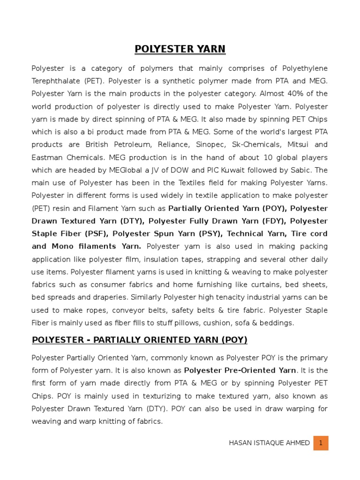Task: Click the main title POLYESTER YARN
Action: (180, 49)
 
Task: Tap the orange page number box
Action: (321, 443)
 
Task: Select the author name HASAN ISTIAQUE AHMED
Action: (269, 443)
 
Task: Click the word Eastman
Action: (47, 157)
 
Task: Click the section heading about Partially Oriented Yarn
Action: (139, 340)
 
